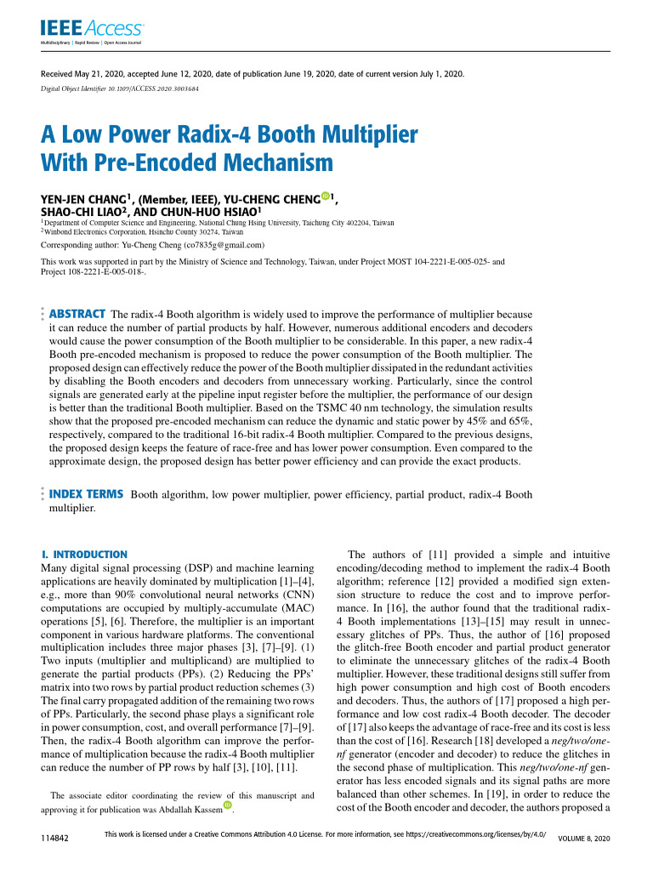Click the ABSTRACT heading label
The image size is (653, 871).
click(77, 314)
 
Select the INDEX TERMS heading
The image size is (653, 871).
click(87, 493)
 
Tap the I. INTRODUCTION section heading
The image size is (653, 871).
click(84, 554)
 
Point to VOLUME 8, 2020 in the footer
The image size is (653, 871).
click(583, 839)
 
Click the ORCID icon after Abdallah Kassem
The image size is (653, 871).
click(227, 806)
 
